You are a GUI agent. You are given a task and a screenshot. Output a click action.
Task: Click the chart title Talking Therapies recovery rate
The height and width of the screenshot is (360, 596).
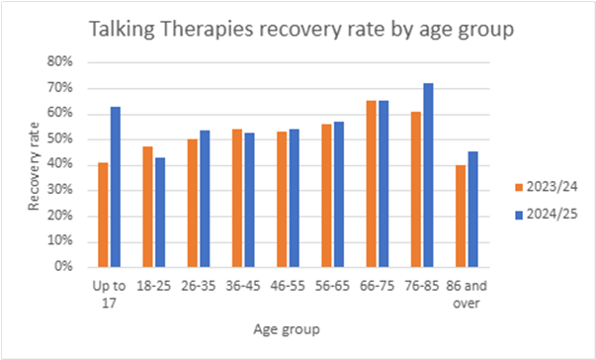click(x=301, y=30)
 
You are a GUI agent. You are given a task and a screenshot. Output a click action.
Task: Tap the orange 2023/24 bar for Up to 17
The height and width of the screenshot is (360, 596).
click(x=103, y=215)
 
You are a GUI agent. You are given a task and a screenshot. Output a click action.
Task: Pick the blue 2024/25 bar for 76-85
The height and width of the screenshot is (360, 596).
click(x=428, y=175)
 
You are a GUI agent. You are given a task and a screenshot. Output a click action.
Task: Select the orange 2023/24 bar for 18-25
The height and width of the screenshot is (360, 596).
click(x=147, y=207)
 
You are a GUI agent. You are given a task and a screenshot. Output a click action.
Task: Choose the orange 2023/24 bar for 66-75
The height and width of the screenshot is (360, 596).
click(x=372, y=184)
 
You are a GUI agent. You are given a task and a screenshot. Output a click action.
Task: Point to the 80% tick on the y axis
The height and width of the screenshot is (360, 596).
click(x=59, y=61)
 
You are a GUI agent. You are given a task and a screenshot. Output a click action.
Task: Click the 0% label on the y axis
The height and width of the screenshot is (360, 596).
click(x=63, y=267)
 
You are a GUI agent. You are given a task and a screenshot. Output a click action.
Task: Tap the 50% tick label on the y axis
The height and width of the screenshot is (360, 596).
click(x=59, y=138)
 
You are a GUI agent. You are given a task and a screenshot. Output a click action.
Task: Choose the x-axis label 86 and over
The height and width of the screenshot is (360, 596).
click(x=466, y=293)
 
